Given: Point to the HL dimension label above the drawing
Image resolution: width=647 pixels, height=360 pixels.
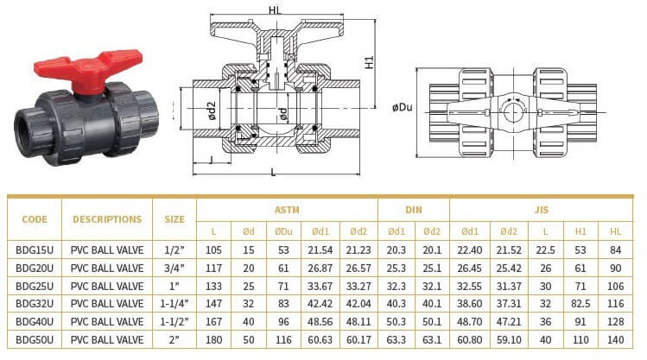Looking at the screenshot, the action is [x=275, y=10].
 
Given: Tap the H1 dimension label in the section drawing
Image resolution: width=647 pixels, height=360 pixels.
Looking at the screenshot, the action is [x=370, y=62].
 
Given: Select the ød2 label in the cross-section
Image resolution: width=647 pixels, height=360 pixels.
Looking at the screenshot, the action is [x=212, y=111].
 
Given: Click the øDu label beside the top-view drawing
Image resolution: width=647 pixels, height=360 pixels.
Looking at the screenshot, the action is [x=403, y=108].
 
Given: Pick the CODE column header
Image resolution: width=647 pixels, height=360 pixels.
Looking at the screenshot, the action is [x=35, y=219].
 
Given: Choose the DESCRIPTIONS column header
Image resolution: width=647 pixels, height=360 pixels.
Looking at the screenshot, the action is [x=107, y=219].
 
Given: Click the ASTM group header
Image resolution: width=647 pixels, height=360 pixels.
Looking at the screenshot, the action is [x=287, y=210].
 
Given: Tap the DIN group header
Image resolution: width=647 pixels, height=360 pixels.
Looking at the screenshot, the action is [x=414, y=210].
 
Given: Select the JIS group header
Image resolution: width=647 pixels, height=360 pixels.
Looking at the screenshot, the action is [x=542, y=210].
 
